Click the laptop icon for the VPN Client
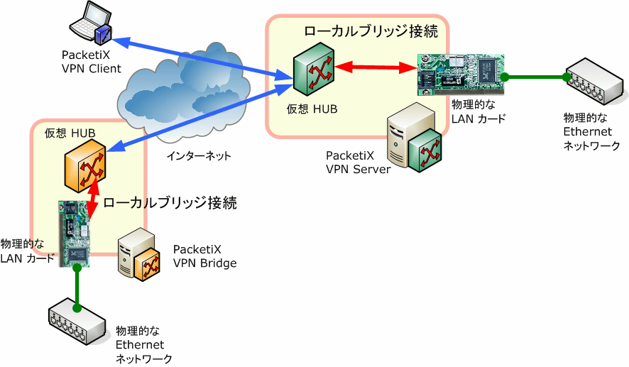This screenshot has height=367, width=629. point(91,22)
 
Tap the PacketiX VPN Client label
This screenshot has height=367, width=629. point(91,62)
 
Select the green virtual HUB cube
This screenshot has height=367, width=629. point(314,70)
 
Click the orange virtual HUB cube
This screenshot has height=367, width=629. point(85,165)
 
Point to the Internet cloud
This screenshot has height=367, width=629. point(185,97)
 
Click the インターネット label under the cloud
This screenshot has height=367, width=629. point(199,155)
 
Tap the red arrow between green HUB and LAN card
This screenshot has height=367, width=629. point(376,67)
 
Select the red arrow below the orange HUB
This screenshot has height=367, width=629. point(94,199)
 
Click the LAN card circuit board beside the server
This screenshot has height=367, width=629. point(461,75)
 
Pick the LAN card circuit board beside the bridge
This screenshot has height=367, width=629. point(75,234)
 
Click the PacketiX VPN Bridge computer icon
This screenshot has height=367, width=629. point(139,255)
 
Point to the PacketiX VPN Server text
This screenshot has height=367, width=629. point(358,163)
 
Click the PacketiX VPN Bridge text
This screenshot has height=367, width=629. point(204,256)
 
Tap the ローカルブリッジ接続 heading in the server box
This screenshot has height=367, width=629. point(371,31)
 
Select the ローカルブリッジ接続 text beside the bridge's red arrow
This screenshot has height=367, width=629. point(170,202)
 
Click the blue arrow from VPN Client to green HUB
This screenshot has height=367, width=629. point(202,57)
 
